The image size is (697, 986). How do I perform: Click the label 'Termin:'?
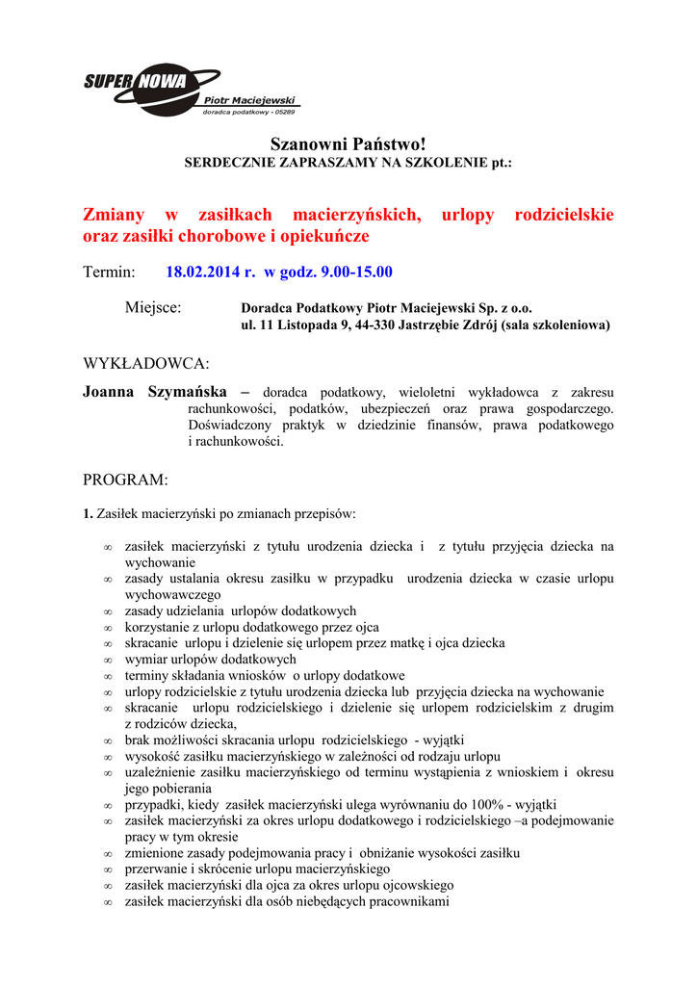pyautogui.click(x=109, y=272)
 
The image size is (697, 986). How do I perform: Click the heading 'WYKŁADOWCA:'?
pyautogui.click(x=145, y=364)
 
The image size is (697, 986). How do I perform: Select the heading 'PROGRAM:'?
pyautogui.click(x=125, y=480)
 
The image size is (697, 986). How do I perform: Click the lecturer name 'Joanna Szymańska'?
pyautogui.click(x=155, y=392)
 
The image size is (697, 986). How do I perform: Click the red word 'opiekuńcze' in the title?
pyautogui.click(x=326, y=236)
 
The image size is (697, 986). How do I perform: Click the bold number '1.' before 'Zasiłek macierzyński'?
pyautogui.click(x=88, y=514)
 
